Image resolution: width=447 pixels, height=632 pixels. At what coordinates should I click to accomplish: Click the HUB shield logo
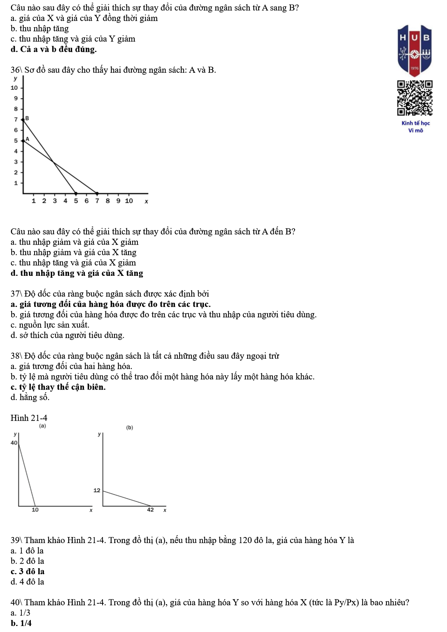pyautogui.click(x=414, y=50)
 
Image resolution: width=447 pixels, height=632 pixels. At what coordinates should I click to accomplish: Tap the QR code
pyautogui.click(x=415, y=98)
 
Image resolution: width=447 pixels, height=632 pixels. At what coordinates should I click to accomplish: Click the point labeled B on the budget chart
pyautogui.click(x=23, y=119)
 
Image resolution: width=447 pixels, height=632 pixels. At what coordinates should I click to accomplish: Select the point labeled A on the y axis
pyautogui.click(x=23, y=140)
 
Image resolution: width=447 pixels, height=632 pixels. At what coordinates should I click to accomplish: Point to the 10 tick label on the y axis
pyautogui.click(x=14, y=88)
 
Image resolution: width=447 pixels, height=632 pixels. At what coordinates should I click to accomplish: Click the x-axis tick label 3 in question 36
pyautogui.click(x=55, y=201)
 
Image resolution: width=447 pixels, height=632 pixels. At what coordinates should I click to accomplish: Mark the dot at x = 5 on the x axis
pyautogui.click(x=76, y=193)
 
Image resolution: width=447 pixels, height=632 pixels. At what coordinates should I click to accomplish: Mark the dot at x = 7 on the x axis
pyautogui.click(x=97, y=193)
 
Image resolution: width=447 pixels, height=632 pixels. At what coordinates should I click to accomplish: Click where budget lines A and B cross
pyautogui.click(x=53, y=162)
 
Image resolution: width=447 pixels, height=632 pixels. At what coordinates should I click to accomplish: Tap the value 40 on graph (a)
pyautogui.click(x=14, y=443)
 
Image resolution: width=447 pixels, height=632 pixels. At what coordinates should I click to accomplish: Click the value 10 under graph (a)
pyautogui.click(x=35, y=510)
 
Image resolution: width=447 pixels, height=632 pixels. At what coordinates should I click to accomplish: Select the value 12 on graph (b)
pyautogui.click(x=97, y=490)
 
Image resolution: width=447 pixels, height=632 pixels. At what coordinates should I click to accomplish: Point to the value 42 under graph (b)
pyautogui.click(x=150, y=510)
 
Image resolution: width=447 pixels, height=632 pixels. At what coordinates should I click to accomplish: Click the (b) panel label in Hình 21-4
pyautogui.click(x=130, y=427)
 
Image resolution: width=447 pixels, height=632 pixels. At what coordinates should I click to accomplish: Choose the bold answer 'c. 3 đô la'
pyautogui.click(x=27, y=571)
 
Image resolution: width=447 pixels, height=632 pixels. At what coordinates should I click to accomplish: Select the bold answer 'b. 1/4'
pyautogui.click(x=21, y=623)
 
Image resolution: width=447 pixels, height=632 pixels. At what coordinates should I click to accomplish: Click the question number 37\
pyautogui.click(x=17, y=293)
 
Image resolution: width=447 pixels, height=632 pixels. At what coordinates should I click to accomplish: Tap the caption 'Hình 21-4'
pyautogui.click(x=29, y=418)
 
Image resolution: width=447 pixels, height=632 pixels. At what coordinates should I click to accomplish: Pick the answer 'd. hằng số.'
pyautogui.click(x=30, y=397)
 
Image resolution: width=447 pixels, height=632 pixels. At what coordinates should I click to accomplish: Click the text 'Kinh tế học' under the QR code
pyautogui.click(x=415, y=123)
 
